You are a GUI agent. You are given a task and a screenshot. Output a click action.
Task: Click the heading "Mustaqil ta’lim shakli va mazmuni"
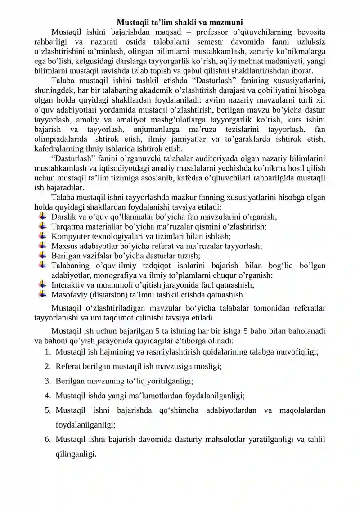pyautogui.click(x=180, y=22)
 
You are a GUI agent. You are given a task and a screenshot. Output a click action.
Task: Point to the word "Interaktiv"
pyautogui.click(x=70, y=285)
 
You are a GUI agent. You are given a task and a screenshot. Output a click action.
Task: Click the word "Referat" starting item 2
pyautogui.click(x=70, y=366)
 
